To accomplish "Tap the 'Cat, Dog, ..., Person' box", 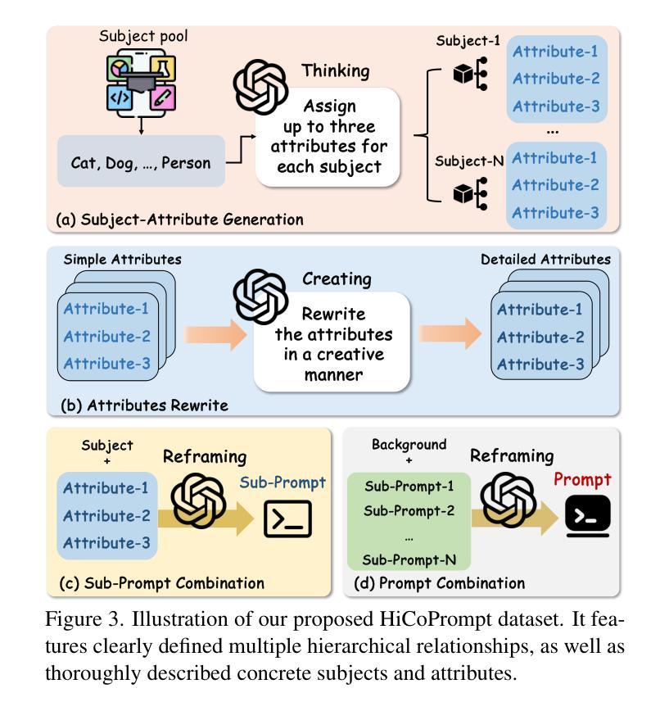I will (140, 162).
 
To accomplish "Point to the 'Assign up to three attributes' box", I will (329, 138).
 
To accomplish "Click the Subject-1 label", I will (468, 43).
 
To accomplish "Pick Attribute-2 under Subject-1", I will (556, 79).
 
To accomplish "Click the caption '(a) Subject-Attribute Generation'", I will (179, 220).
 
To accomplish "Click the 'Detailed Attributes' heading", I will (545, 259).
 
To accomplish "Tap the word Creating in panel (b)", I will (337, 279).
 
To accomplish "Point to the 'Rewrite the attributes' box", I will (333, 345).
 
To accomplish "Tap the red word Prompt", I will (583, 479).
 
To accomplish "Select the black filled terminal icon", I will (587, 516).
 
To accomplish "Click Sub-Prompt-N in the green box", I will (409, 560).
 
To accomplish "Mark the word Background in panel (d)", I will (409, 444).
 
